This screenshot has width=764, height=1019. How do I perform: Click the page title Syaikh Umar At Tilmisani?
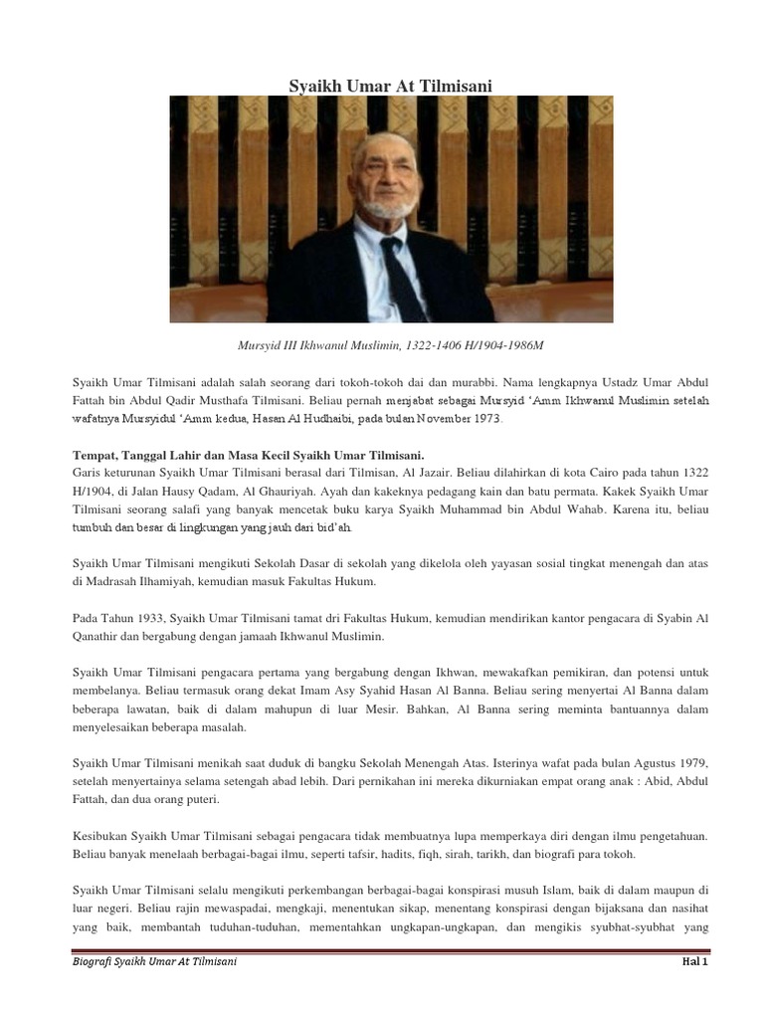point(390,87)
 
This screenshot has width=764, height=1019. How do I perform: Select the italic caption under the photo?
point(390,343)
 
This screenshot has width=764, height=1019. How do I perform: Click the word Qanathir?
point(103,635)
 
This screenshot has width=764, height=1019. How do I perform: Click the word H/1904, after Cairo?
point(97,489)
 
